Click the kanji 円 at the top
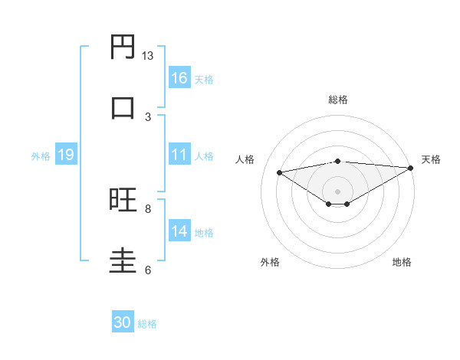point(123,47)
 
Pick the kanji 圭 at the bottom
point(123,260)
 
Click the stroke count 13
point(147,56)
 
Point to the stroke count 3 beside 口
point(148,116)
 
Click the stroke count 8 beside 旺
point(148,208)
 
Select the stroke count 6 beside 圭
point(148,270)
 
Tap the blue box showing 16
point(179,78)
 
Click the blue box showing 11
point(179,155)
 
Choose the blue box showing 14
point(179,231)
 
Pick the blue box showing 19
point(65,155)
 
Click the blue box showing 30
point(123,322)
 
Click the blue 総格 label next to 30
point(147,324)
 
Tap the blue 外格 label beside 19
point(41,156)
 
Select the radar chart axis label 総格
point(337,100)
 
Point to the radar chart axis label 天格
point(431,159)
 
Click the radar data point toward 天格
point(412,168)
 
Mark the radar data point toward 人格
point(280,172)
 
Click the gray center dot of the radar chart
point(337,191)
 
